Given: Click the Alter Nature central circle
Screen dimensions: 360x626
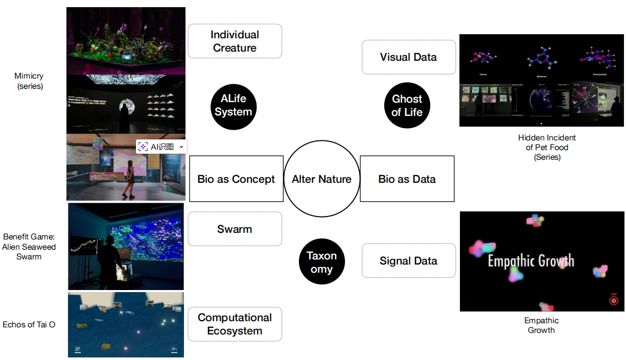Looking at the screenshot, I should click(321, 179).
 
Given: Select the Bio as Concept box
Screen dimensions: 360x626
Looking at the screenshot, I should click(236, 179).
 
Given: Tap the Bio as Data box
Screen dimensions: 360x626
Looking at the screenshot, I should click(407, 179).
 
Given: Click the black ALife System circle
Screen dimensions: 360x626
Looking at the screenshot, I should click(233, 106).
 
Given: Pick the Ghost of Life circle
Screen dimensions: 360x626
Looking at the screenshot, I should click(407, 106).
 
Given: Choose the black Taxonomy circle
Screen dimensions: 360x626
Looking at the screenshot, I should click(321, 262).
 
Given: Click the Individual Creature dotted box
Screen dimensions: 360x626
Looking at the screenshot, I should click(235, 41).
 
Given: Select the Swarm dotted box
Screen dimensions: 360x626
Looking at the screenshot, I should click(235, 229).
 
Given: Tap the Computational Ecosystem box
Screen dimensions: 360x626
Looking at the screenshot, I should click(235, 324).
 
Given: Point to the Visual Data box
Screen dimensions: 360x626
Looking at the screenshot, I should click(408, 57).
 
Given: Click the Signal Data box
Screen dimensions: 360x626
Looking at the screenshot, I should click(408, 261).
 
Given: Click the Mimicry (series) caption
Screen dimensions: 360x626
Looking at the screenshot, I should click(29, 81).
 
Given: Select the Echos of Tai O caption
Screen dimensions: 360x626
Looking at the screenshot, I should click(29, 325).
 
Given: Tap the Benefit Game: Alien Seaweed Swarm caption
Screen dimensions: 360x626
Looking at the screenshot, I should click(29, 247).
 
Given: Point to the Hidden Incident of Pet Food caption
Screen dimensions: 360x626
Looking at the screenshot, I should click(547, 147).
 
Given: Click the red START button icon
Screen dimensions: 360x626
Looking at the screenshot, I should click(613, 301).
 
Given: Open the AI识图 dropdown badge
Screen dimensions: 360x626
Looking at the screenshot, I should click(161, 147).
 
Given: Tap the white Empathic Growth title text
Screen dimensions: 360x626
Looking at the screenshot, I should click(531, 261).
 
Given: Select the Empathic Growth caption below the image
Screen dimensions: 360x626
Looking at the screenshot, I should click(541, 325).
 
